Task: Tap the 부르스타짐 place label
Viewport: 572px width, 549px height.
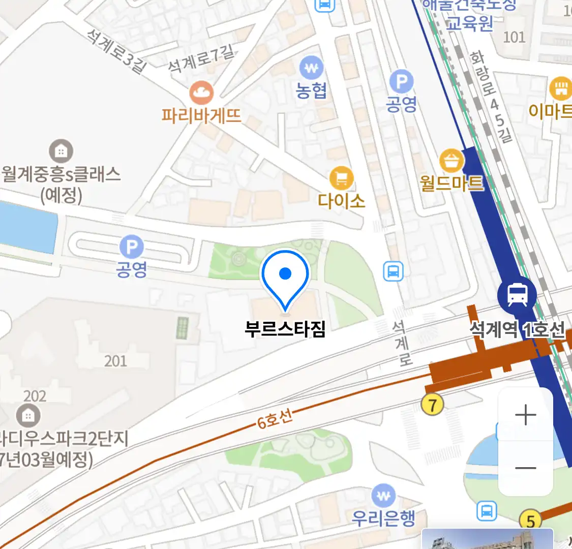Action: [x=285, y=329]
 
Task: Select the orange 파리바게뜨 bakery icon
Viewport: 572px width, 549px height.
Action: [x=201, y=93]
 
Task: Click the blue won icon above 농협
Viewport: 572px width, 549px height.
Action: [x=312, y=68]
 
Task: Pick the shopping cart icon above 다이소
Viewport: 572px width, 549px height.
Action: [x=342, y=178]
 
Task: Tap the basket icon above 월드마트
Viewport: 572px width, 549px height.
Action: [x=451, y=161]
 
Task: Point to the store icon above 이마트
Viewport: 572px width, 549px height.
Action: [x=561, y=88]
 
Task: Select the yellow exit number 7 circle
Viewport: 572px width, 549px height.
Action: [x=433, y=405]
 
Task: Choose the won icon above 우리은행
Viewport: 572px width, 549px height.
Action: [x=383, y=496]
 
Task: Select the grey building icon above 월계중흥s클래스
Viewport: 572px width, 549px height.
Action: [x=61, y=151]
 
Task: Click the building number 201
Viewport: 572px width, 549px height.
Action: [x=115, y=361]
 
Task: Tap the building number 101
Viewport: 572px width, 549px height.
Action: [x=514, y=37]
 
